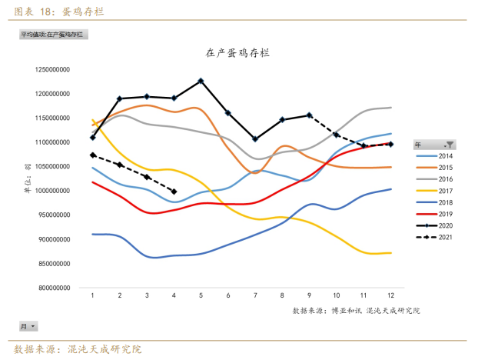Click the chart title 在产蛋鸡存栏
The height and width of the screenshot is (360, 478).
pos(237,53)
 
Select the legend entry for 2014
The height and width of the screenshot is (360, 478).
pos(434,155)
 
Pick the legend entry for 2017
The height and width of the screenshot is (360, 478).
pos(434,190)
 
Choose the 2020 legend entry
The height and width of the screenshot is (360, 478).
pos(434,225)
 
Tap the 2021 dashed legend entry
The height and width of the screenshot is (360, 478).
pos(434,237)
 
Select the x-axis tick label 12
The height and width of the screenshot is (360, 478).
pos(390,295)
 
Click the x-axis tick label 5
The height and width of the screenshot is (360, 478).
pos(201,295)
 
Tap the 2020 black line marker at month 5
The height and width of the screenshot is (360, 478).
pos(201,81)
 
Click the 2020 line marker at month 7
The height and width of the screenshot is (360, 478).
pos(255,139)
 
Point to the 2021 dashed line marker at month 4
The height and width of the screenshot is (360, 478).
pos(174,192)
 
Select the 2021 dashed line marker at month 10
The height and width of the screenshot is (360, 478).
pos(336,135)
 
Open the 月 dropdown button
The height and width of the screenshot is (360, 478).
pos(28,327)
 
